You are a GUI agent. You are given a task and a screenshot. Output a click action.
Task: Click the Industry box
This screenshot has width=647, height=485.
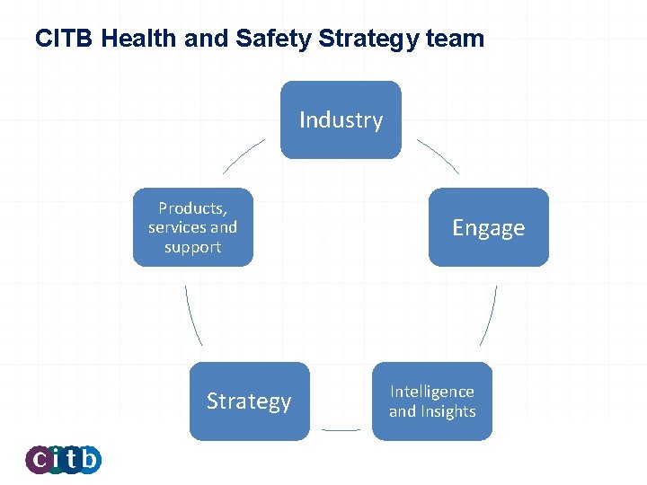click(x=341, y=119)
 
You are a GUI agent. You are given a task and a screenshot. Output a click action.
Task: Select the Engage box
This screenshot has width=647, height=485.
click(x=488, y=227)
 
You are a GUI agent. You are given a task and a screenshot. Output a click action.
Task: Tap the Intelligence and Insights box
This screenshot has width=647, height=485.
click(x=432, y=401)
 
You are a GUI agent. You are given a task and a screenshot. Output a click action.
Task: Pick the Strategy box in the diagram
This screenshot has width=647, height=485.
click(x=249, y=401)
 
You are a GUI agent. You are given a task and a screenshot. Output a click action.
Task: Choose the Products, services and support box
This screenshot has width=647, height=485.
click(x=193, y=227)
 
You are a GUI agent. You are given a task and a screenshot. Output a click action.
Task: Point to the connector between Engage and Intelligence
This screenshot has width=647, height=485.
click(x=490, y=315)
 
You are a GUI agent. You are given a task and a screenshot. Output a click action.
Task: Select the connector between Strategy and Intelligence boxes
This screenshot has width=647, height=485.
click(x=341, y=430)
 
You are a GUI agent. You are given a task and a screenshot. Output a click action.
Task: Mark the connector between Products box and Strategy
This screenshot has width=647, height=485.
click(x=192, y=315)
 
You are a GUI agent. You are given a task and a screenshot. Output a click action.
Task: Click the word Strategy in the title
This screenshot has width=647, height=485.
click(x=368, y=40)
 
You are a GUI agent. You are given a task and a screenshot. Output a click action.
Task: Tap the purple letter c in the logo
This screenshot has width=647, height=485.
click(x=40, y=460)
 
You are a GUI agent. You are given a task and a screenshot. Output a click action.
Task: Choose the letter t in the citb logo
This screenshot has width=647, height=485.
click(x=72, y=460)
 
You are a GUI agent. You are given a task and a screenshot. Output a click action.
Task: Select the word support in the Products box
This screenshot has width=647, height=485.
click(x=192, y=247)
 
